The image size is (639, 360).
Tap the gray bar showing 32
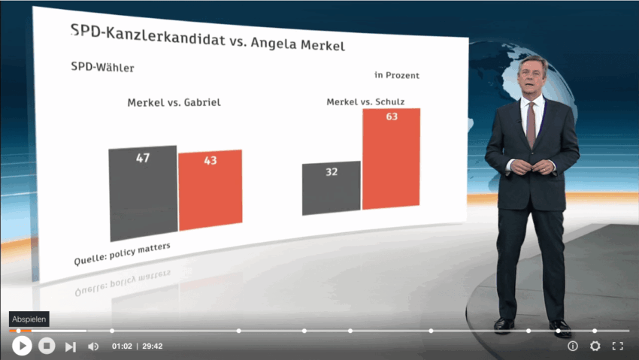[332, 188]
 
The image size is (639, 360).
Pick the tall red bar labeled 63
[391, 159]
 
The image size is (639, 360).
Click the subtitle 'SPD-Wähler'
[103, 68]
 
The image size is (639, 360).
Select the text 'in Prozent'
[396, 75]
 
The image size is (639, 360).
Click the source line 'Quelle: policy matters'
[123, 255]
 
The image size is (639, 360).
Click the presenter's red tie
[531, 123]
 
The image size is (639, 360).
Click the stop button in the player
[47, 346]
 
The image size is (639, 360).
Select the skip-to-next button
[70, 346]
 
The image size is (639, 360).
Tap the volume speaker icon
[93, 346]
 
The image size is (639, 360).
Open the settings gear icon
[595, 346]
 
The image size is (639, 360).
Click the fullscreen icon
[617, 346]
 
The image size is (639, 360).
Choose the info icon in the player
[573, 346]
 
